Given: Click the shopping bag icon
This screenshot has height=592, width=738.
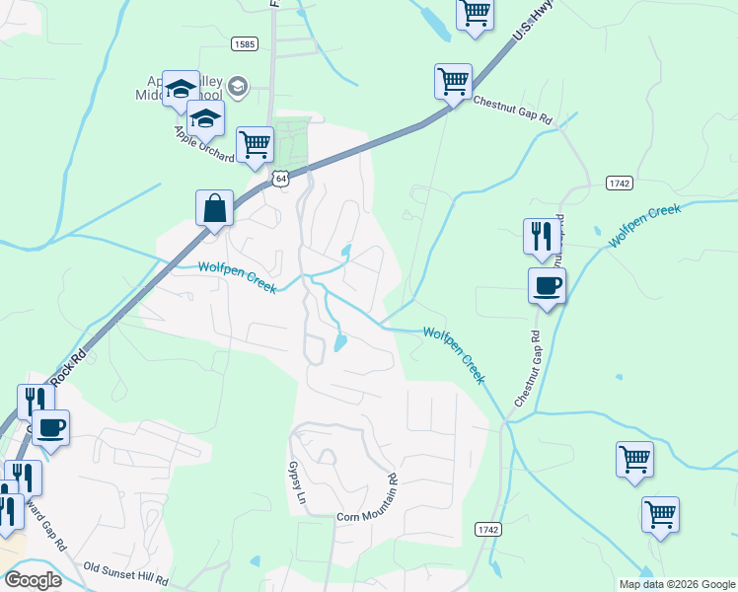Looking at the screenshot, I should [214, 209].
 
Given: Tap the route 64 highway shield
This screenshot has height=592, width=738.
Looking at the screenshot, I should [282, 179].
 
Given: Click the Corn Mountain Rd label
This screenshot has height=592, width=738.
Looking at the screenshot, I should [367, 515].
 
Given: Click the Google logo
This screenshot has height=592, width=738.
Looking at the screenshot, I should [33, 580].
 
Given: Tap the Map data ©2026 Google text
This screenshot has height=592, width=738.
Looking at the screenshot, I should [676, 584].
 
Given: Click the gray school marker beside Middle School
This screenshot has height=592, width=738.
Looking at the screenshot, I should [238, 87].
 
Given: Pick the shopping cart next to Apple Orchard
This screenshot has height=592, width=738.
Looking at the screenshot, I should [255, 144].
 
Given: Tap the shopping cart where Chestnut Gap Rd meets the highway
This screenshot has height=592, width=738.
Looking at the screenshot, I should [453, 81].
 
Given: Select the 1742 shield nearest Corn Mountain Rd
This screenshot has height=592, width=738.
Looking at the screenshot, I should [487, 530].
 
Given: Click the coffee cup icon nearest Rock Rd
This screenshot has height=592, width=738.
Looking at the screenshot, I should [51, 428].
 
